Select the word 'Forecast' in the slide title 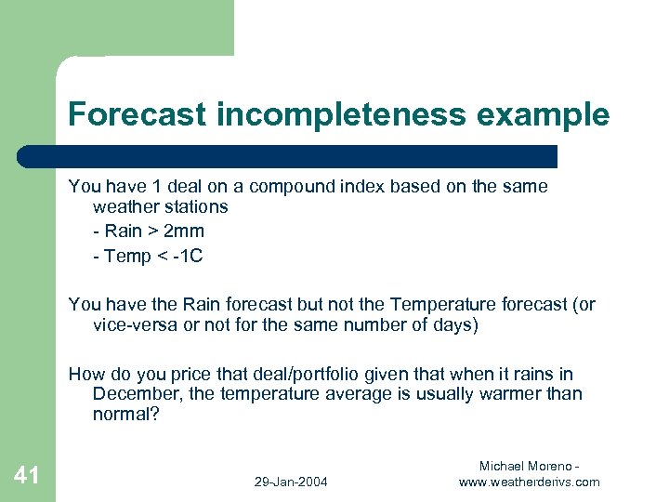(138, 115)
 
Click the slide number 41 (27, 476)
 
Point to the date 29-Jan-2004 (289, 482)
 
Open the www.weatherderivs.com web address (530, 482)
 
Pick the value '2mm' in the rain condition (186, 231)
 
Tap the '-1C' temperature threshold (186, 256)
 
